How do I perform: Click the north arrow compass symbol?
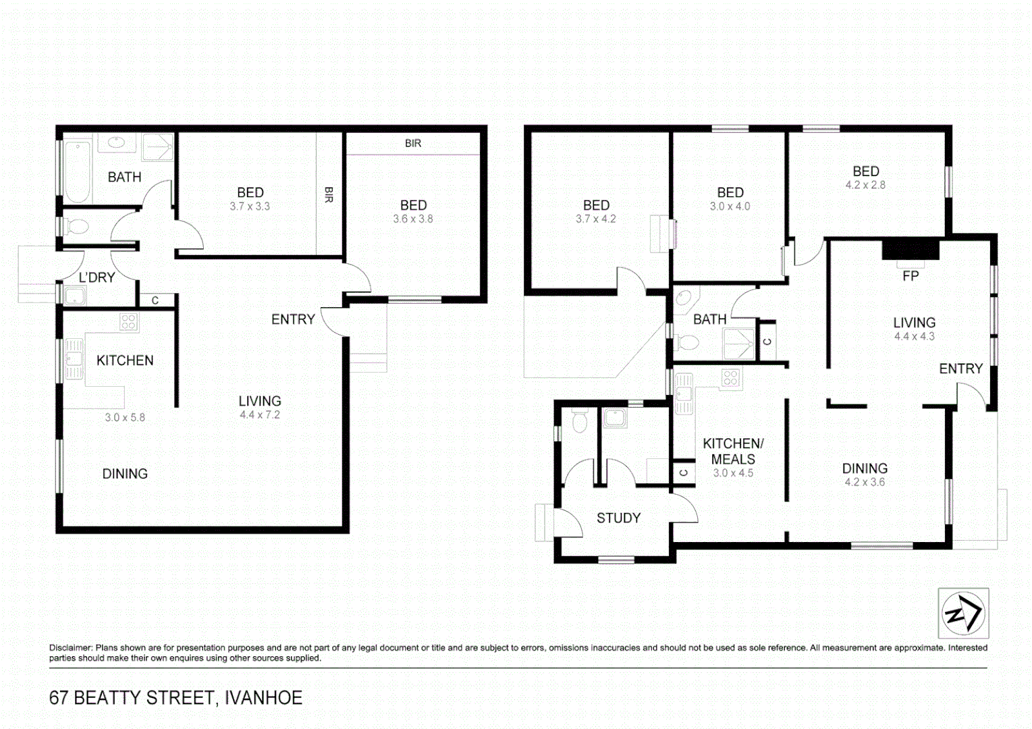[963, 613]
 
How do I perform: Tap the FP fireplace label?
[910, 276]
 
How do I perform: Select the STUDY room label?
[618, 518]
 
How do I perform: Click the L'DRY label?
[97, 277]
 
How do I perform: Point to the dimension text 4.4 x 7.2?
[259, 415]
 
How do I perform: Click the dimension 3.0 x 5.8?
[125, 418]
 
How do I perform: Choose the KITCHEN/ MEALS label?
[733, 451]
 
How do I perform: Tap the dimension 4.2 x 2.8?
[865, 185]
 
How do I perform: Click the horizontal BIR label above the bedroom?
[413, 143]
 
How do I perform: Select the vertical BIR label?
[329, 195]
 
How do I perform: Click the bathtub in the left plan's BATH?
[78, 171]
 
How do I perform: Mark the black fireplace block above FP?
[911, 250]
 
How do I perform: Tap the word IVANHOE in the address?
[263, 697]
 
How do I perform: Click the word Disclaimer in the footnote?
[70, 648]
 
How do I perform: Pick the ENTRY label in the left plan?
[293, 319]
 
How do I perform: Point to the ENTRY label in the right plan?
[960, 369]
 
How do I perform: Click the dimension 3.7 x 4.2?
[595, 219]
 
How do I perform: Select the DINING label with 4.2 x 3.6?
[865, 468]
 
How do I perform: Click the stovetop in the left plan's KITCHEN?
[128, 322]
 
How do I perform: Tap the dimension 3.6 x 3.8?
[413, 219]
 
